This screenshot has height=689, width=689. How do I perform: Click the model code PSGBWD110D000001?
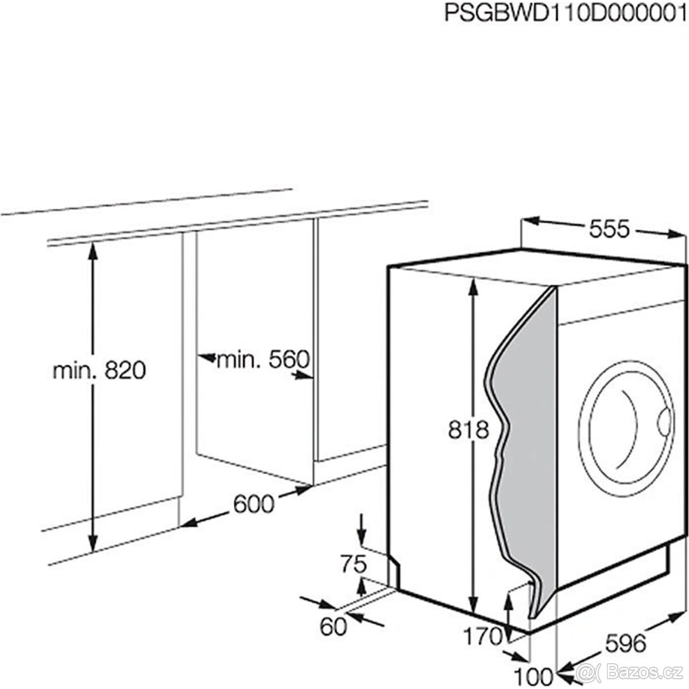[x=566, y=13]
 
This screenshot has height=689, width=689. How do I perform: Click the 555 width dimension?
[x=609, y=229]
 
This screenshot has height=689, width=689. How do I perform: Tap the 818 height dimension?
[x=469, y=429]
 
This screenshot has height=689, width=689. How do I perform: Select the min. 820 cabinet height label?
[x=99, y=371]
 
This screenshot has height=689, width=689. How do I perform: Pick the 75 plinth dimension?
[x=351, y=565]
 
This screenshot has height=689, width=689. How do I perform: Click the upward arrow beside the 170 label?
[x=509, y=603]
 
